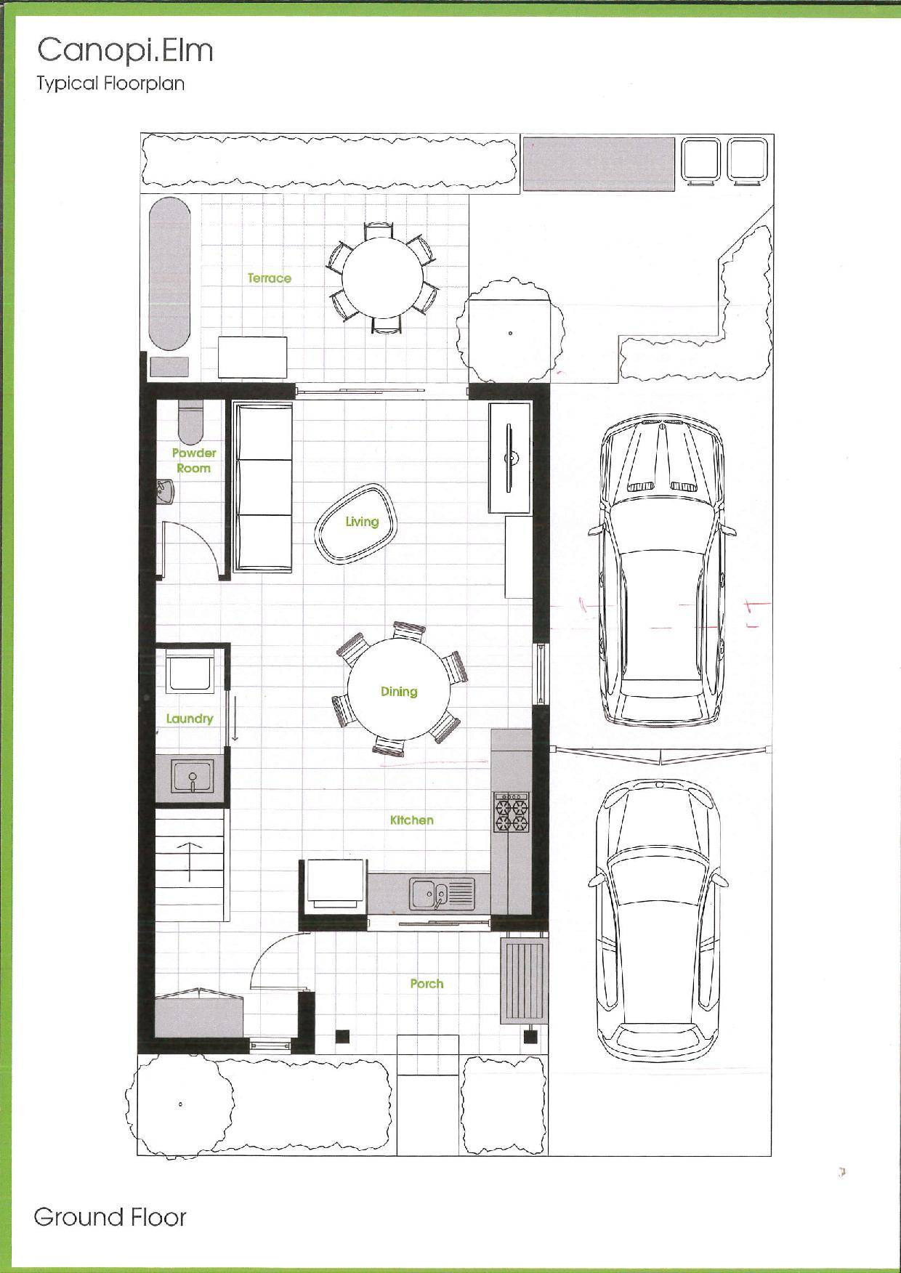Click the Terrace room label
(x=269, y=278)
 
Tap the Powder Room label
(x=194, y=461)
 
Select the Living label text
(x=362, y=521)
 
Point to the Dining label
(x=399, y=691)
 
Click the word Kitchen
(x=412, y=820)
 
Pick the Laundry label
(x=190, y=719)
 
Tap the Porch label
(x=427, y=983)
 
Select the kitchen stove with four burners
(x=512, y=812)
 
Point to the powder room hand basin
(x=166, y=491)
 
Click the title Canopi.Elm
(x=125, y=51)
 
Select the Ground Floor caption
(x=110, y=1217)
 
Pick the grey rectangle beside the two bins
(x=599, y=163)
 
